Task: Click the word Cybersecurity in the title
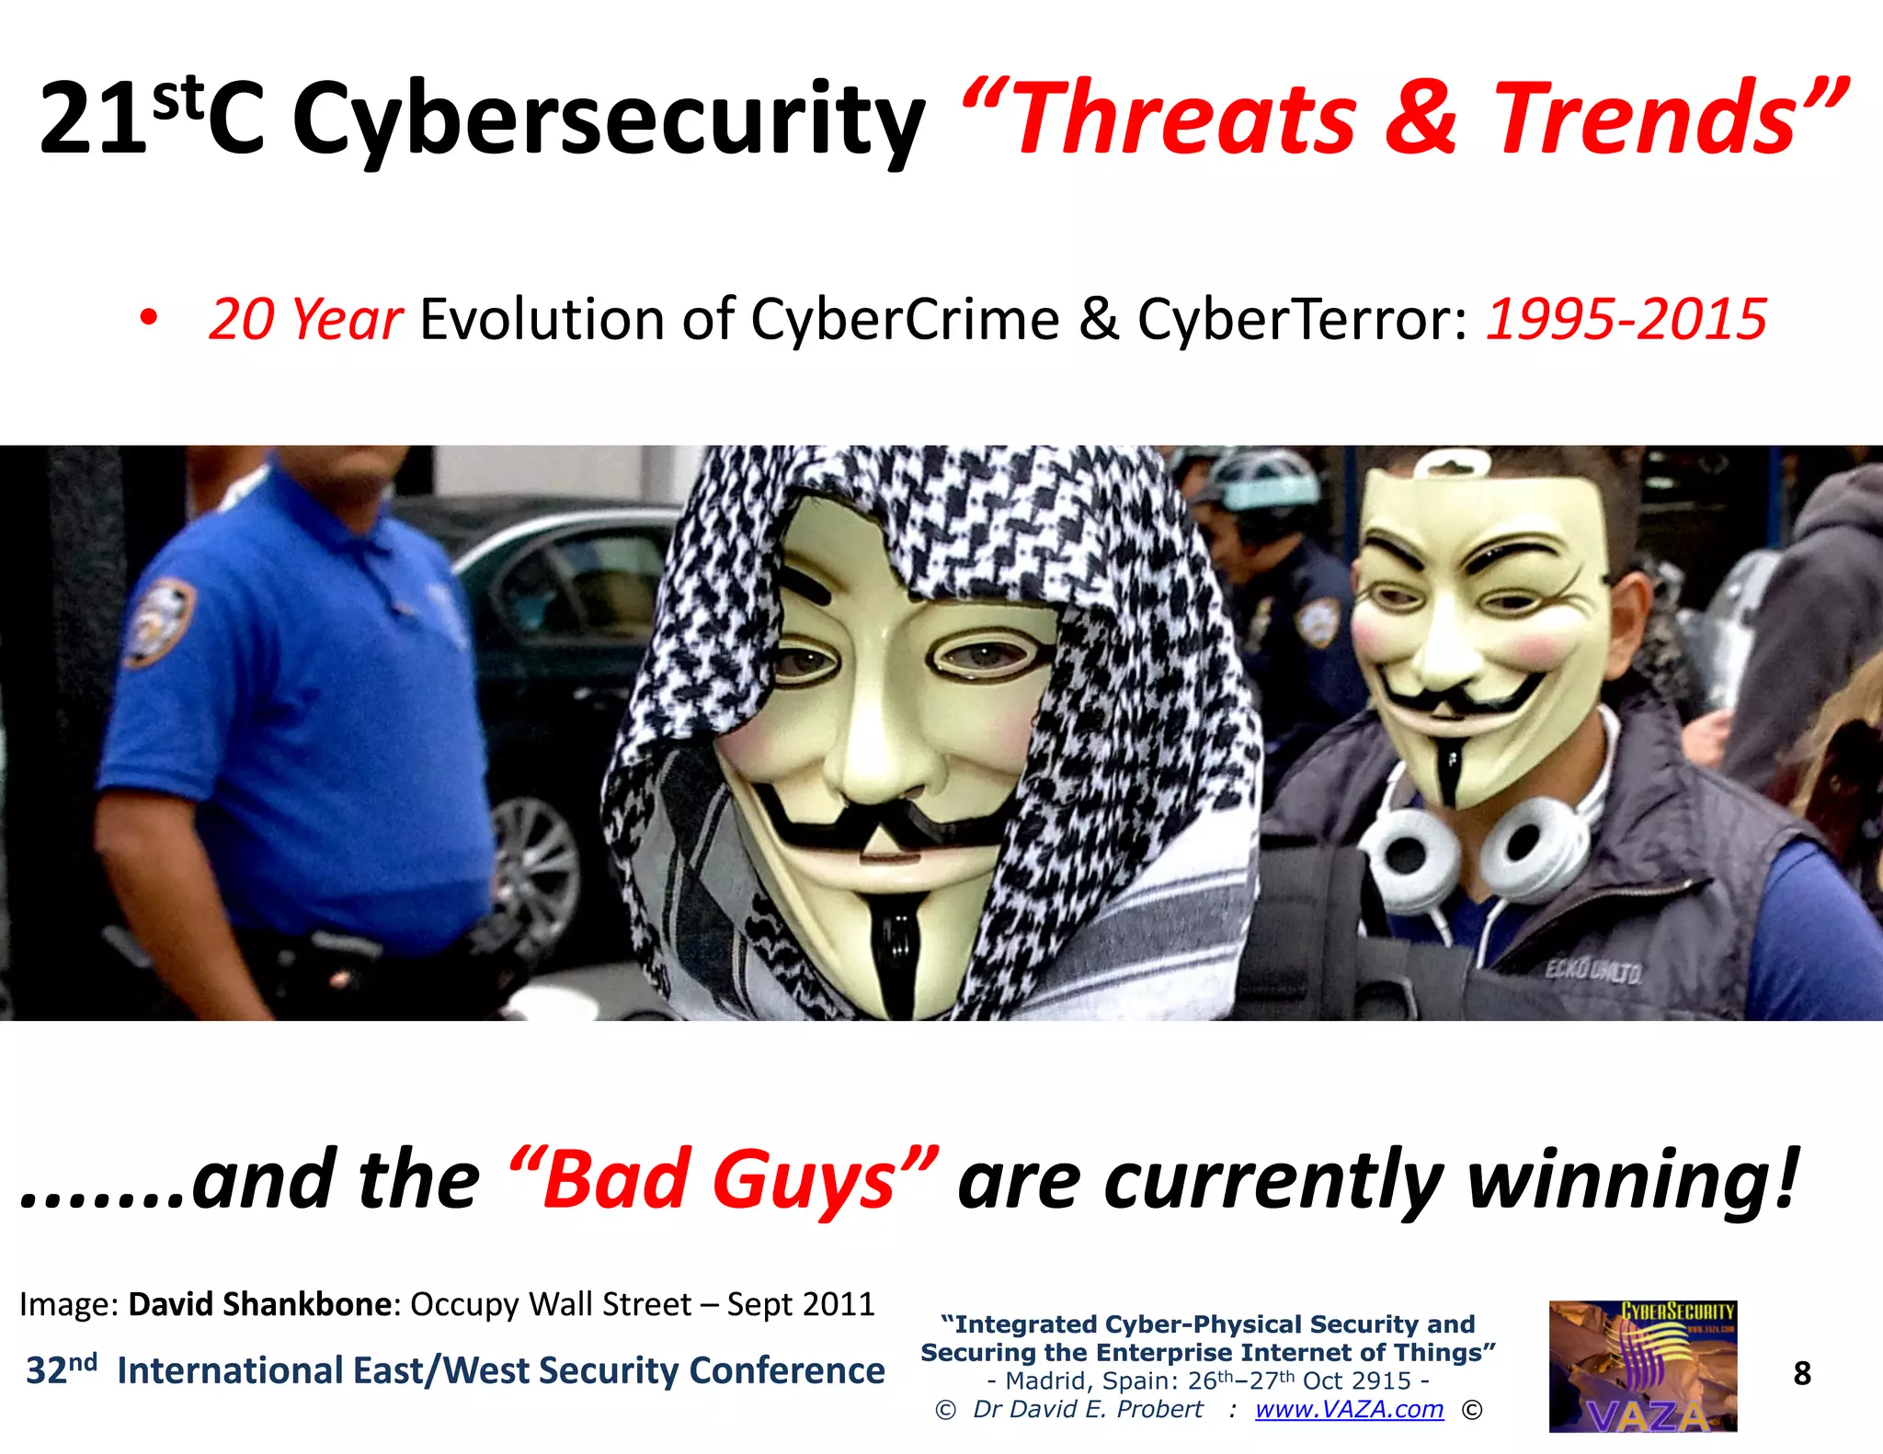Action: click(x=607, y=119)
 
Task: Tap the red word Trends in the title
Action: click(x=1646, y=119)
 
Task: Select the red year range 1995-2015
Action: click(x=1626, y=320)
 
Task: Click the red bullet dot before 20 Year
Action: click(x=148, y=319)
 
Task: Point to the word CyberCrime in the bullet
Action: click(x=905, y=320)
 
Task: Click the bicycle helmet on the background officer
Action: click(x=1264, y=478)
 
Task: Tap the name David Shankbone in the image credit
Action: click(x=260, y=1304)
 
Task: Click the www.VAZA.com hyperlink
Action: click(x=1349, y=1410)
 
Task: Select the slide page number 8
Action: click(x=1802, y=1374)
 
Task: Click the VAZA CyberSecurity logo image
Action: click(x=1642, y=1366)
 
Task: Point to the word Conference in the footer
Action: click(x=787, y=1370)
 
